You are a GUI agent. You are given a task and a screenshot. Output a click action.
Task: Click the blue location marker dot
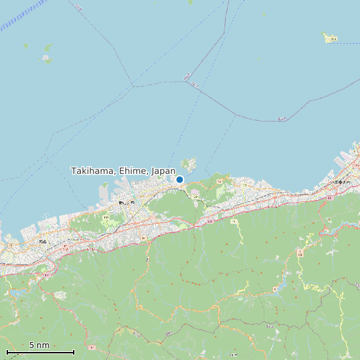click(x=179, y=179)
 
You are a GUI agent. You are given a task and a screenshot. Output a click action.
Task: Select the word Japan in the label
click(x=163, y=171)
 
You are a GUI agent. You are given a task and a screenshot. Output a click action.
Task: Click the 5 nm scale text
click(x=39, y=345)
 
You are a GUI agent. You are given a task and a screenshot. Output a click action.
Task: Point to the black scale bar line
click(x=40, y=352)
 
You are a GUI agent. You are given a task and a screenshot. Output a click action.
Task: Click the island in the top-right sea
click(x=330, y=38)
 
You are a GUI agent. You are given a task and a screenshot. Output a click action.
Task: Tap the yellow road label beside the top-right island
click(x=333, y=39)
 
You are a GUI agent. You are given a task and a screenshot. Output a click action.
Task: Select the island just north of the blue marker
click(x=189, y=163)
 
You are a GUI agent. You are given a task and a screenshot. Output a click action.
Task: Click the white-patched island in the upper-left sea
click(x=46, y=58)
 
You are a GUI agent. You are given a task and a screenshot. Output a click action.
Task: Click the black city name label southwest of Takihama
click(x=126, y=202)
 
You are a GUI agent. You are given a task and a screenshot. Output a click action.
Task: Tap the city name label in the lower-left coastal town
click(x=43, y=241)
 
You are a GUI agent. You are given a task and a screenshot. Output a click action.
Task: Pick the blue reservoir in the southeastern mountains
click(x=280, y=286)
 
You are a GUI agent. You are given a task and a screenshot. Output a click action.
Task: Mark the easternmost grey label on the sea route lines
click(x=282, y=119)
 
